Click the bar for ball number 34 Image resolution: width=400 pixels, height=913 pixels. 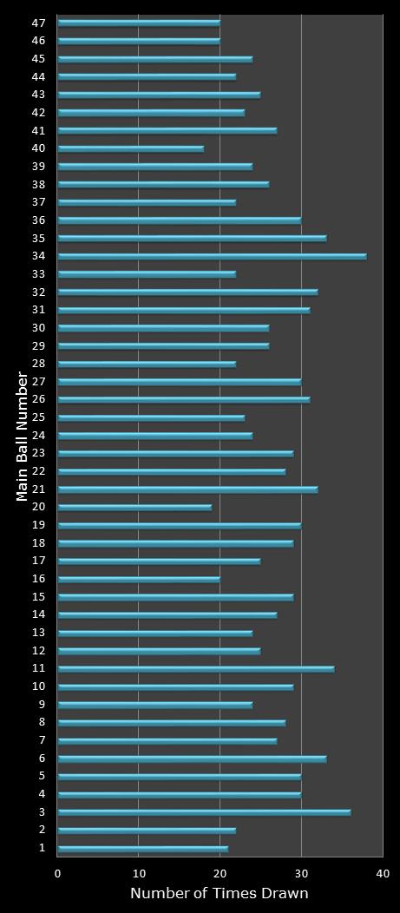(x=212, y=256)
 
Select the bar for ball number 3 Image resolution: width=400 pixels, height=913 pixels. (x=204, y=812)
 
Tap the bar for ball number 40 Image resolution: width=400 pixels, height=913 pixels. (x=130, y=148)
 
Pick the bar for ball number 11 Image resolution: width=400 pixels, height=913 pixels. (x=195, y=669)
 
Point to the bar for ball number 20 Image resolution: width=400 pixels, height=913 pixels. (x=134, y=507)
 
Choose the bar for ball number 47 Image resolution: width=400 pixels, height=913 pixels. (x=139, y=23)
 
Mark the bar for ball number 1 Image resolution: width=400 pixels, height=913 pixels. (x=142, y=849)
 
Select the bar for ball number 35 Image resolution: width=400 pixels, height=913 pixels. (x=192, y=238)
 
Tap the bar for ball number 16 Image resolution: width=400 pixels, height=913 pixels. (x=139, y=579)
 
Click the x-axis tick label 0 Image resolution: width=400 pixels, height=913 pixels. (x=58, y=874)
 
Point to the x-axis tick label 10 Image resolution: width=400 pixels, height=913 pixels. (x=139, y=874)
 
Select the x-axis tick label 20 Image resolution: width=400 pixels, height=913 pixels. (x=220, y=874)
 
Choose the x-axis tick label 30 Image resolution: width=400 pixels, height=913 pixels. (x=301, y=874)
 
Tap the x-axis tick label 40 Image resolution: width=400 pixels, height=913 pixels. (x=383, y=874)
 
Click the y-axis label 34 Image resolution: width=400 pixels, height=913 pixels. (x=38, y=256)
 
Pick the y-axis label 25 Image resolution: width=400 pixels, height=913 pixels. (x=38, y=417)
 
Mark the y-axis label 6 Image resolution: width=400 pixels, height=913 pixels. (x=42, y=759)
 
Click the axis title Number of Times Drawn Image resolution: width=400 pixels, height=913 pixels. (x=220, y=894)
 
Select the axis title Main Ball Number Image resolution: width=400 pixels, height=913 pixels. (x=23, y=436)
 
